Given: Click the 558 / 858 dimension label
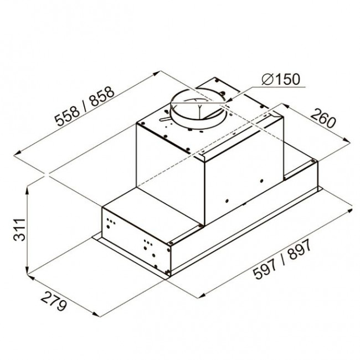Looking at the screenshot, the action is coord(85,106).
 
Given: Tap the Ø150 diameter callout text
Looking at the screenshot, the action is coord(281,79).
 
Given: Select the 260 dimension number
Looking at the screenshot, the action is coord(323,119).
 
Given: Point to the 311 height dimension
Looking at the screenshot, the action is coord(19,230).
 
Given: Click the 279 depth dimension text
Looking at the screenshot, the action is coord(54,301).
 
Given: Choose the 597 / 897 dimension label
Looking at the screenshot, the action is coord(282,259).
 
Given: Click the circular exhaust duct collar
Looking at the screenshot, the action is coord(198,108).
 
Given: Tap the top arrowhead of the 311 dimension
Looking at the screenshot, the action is coord(27,190).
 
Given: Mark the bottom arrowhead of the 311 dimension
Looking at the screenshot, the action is coord(27,270).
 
